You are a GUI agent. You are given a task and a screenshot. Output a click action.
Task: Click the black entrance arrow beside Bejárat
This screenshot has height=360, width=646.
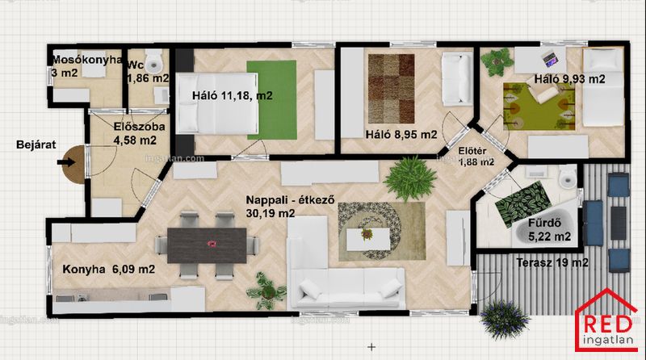pos(66,162)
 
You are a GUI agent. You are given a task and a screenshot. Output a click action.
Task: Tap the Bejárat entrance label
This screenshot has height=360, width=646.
pos(36,144)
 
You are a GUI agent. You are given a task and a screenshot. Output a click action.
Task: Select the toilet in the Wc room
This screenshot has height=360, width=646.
pos(154,61)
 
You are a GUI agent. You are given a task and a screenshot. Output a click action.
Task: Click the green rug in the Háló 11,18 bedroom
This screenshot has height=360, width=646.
pos(272,100)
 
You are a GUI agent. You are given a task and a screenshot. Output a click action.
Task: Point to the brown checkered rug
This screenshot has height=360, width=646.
pos(391,89)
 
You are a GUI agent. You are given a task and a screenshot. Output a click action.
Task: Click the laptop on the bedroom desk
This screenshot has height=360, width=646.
pos(549,59)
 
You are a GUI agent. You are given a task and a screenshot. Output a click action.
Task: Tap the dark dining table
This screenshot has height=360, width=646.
pos(207,245)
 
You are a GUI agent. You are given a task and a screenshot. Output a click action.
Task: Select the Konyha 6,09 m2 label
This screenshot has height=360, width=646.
pos(109,270)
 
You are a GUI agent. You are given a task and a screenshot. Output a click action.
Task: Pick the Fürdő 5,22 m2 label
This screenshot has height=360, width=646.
pos(550,229)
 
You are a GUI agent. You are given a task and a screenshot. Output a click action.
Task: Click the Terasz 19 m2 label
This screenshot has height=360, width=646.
pos(552,262)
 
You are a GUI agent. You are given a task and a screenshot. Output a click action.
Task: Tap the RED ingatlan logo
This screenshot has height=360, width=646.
pos(606,320)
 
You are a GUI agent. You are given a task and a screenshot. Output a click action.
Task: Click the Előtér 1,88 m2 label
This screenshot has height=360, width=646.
pos(476,157)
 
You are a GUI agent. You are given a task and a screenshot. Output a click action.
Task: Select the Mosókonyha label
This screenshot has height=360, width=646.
pos(87,61)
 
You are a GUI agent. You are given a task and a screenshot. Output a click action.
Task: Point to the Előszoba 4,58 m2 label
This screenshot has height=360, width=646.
pos(139,133)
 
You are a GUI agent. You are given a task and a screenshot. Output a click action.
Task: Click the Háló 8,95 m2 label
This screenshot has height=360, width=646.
pos(401,134)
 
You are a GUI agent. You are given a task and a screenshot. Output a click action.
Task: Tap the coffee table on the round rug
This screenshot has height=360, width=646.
pos(368,239)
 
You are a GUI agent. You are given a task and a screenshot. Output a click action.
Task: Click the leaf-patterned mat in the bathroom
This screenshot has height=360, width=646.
pos(522,203)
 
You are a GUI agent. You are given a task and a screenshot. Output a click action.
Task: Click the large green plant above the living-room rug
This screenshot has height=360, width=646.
pos(409,178)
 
